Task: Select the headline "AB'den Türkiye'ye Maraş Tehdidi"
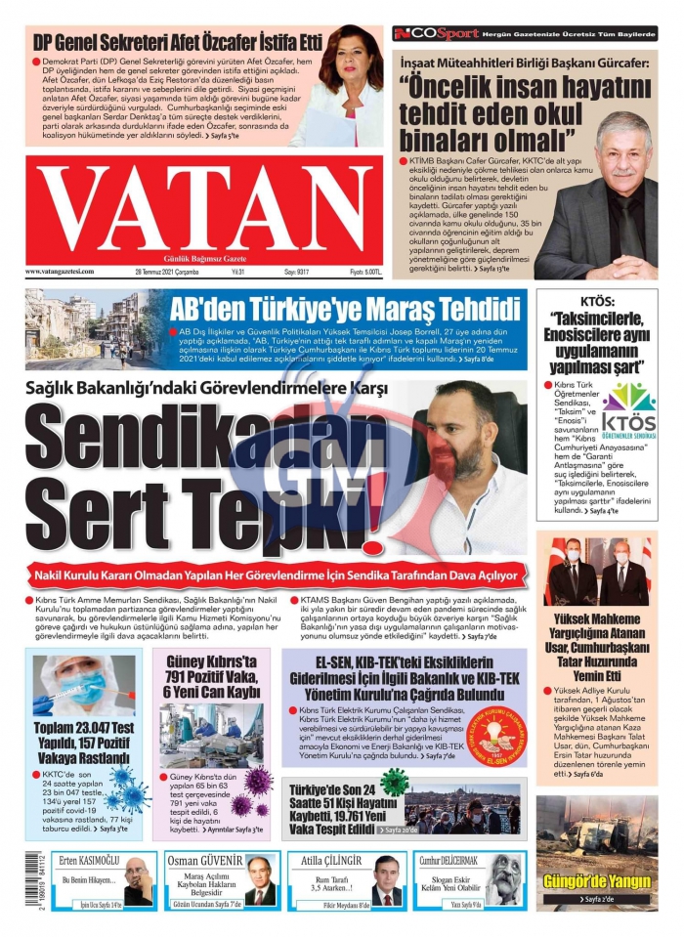[x=344, y=310]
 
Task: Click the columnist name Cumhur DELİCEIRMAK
[x=450, y=860]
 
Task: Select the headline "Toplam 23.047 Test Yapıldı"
[x=82, y=740]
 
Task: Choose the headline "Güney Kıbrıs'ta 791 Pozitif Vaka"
[x=213, y=677]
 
